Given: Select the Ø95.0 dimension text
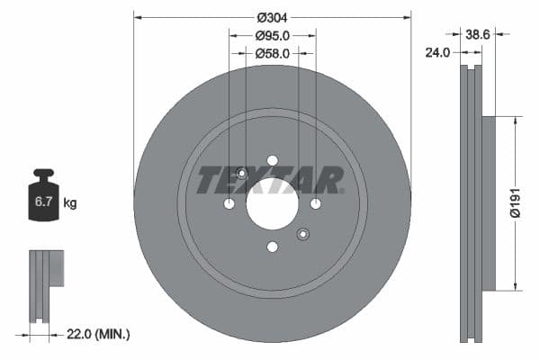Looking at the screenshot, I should coord(272,37).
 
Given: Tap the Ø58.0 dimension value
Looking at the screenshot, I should coord(272,54).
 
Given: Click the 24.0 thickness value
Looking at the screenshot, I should coord(437,53).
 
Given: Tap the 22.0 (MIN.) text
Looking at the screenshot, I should coord(98,333).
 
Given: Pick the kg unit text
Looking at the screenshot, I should coord(70,203).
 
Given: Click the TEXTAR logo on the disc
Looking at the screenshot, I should coord(270,180).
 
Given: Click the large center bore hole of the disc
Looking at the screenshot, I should coord(272,204).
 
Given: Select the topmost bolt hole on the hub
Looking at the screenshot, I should coord(272,161).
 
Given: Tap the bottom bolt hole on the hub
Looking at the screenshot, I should coord(272,247).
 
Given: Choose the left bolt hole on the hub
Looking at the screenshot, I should coord(229,204).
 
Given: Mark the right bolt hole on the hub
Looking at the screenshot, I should coord(315,204).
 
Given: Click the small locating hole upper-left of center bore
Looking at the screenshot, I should coord(241,174).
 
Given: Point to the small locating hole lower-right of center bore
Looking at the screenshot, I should coord(302,235).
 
